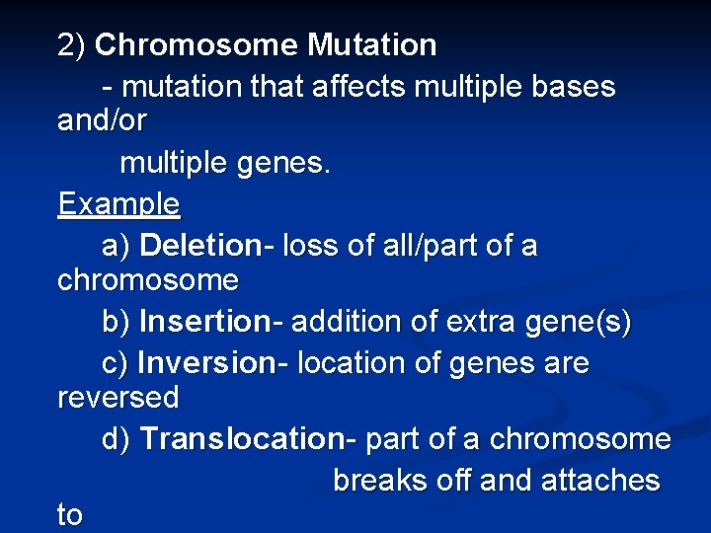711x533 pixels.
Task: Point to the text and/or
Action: (102, 121)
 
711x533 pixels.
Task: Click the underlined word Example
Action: (118, 204)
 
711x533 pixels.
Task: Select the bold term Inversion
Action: (206, 363)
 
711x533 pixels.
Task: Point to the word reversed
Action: (118, 398)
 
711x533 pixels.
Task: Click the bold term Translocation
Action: (241, 439)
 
